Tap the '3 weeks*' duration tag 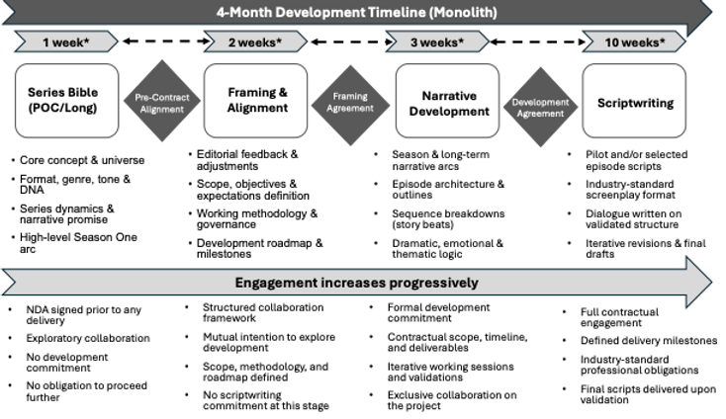coord(436,42)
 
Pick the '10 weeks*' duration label coord(633,42)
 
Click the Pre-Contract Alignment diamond coord(160,103)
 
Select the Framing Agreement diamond coord(350,103)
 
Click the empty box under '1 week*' coord(66,101)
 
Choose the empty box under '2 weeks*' coord(255,101)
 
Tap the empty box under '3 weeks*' coord(447,101)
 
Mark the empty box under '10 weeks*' coord(633,101)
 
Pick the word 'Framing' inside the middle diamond coord(350,97)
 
